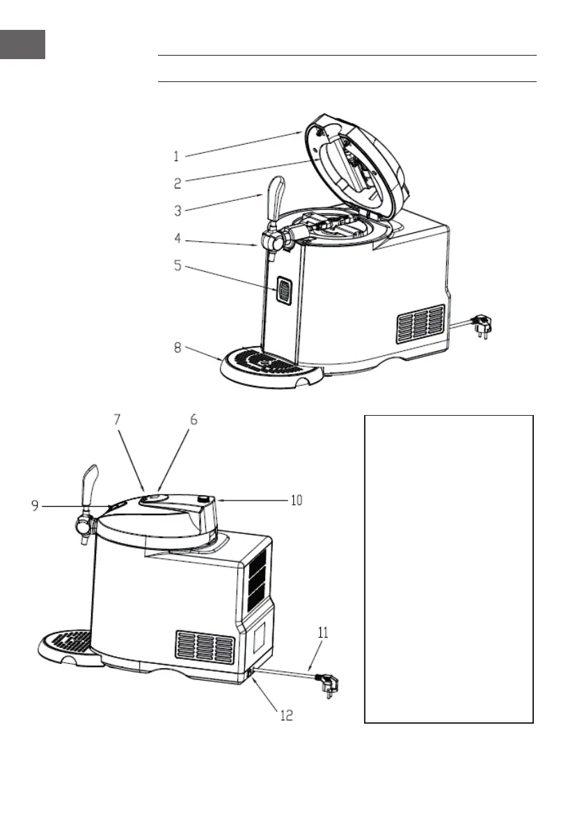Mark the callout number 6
pyautogui.click(x=194, y=420)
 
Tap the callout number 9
pyautogui.click(x=35, y=507)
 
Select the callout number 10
pyautogui.click(x=297, y=500)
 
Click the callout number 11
pyautogui.click(x=322, y=633)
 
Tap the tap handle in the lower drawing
pyautogui.click(x=87, y=489)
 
